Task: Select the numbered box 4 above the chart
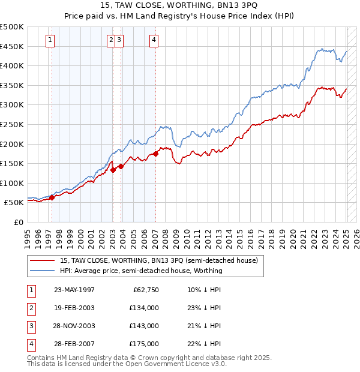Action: point(154,40)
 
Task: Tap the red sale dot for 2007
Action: point(155,154)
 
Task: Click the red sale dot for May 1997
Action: point(52,197)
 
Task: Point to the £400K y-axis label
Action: point(12,65)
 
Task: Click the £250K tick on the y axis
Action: point(12,124)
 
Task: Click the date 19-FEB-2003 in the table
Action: point(74,308)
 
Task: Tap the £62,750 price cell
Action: point(145,290)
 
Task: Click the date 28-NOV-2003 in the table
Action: point(74,326)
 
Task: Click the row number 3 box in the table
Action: point(30,326)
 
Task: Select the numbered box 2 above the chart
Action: point(111,40)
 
